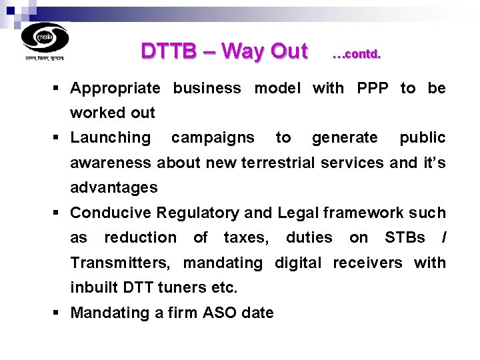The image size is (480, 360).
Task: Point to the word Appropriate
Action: pyautogui.click(x=115, y=88)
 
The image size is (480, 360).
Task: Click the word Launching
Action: pyautogui.click(x=111, y=138)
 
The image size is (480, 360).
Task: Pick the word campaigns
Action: pyautogui.click(x=213, y=138)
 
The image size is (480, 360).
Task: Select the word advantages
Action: pyautogui.click(x=114, y=188)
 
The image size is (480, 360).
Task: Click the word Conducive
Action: pyautogui.click(x=110, y=213)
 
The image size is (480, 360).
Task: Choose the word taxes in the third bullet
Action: pyautogui.click(x=246, y=238)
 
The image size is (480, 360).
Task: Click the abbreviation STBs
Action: pyautogui.click(x=405, y=238)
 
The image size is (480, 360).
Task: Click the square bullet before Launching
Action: pyautogui.click(x=60, y=138)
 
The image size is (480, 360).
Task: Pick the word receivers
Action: pyautogui.click(x=367, y=263)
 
